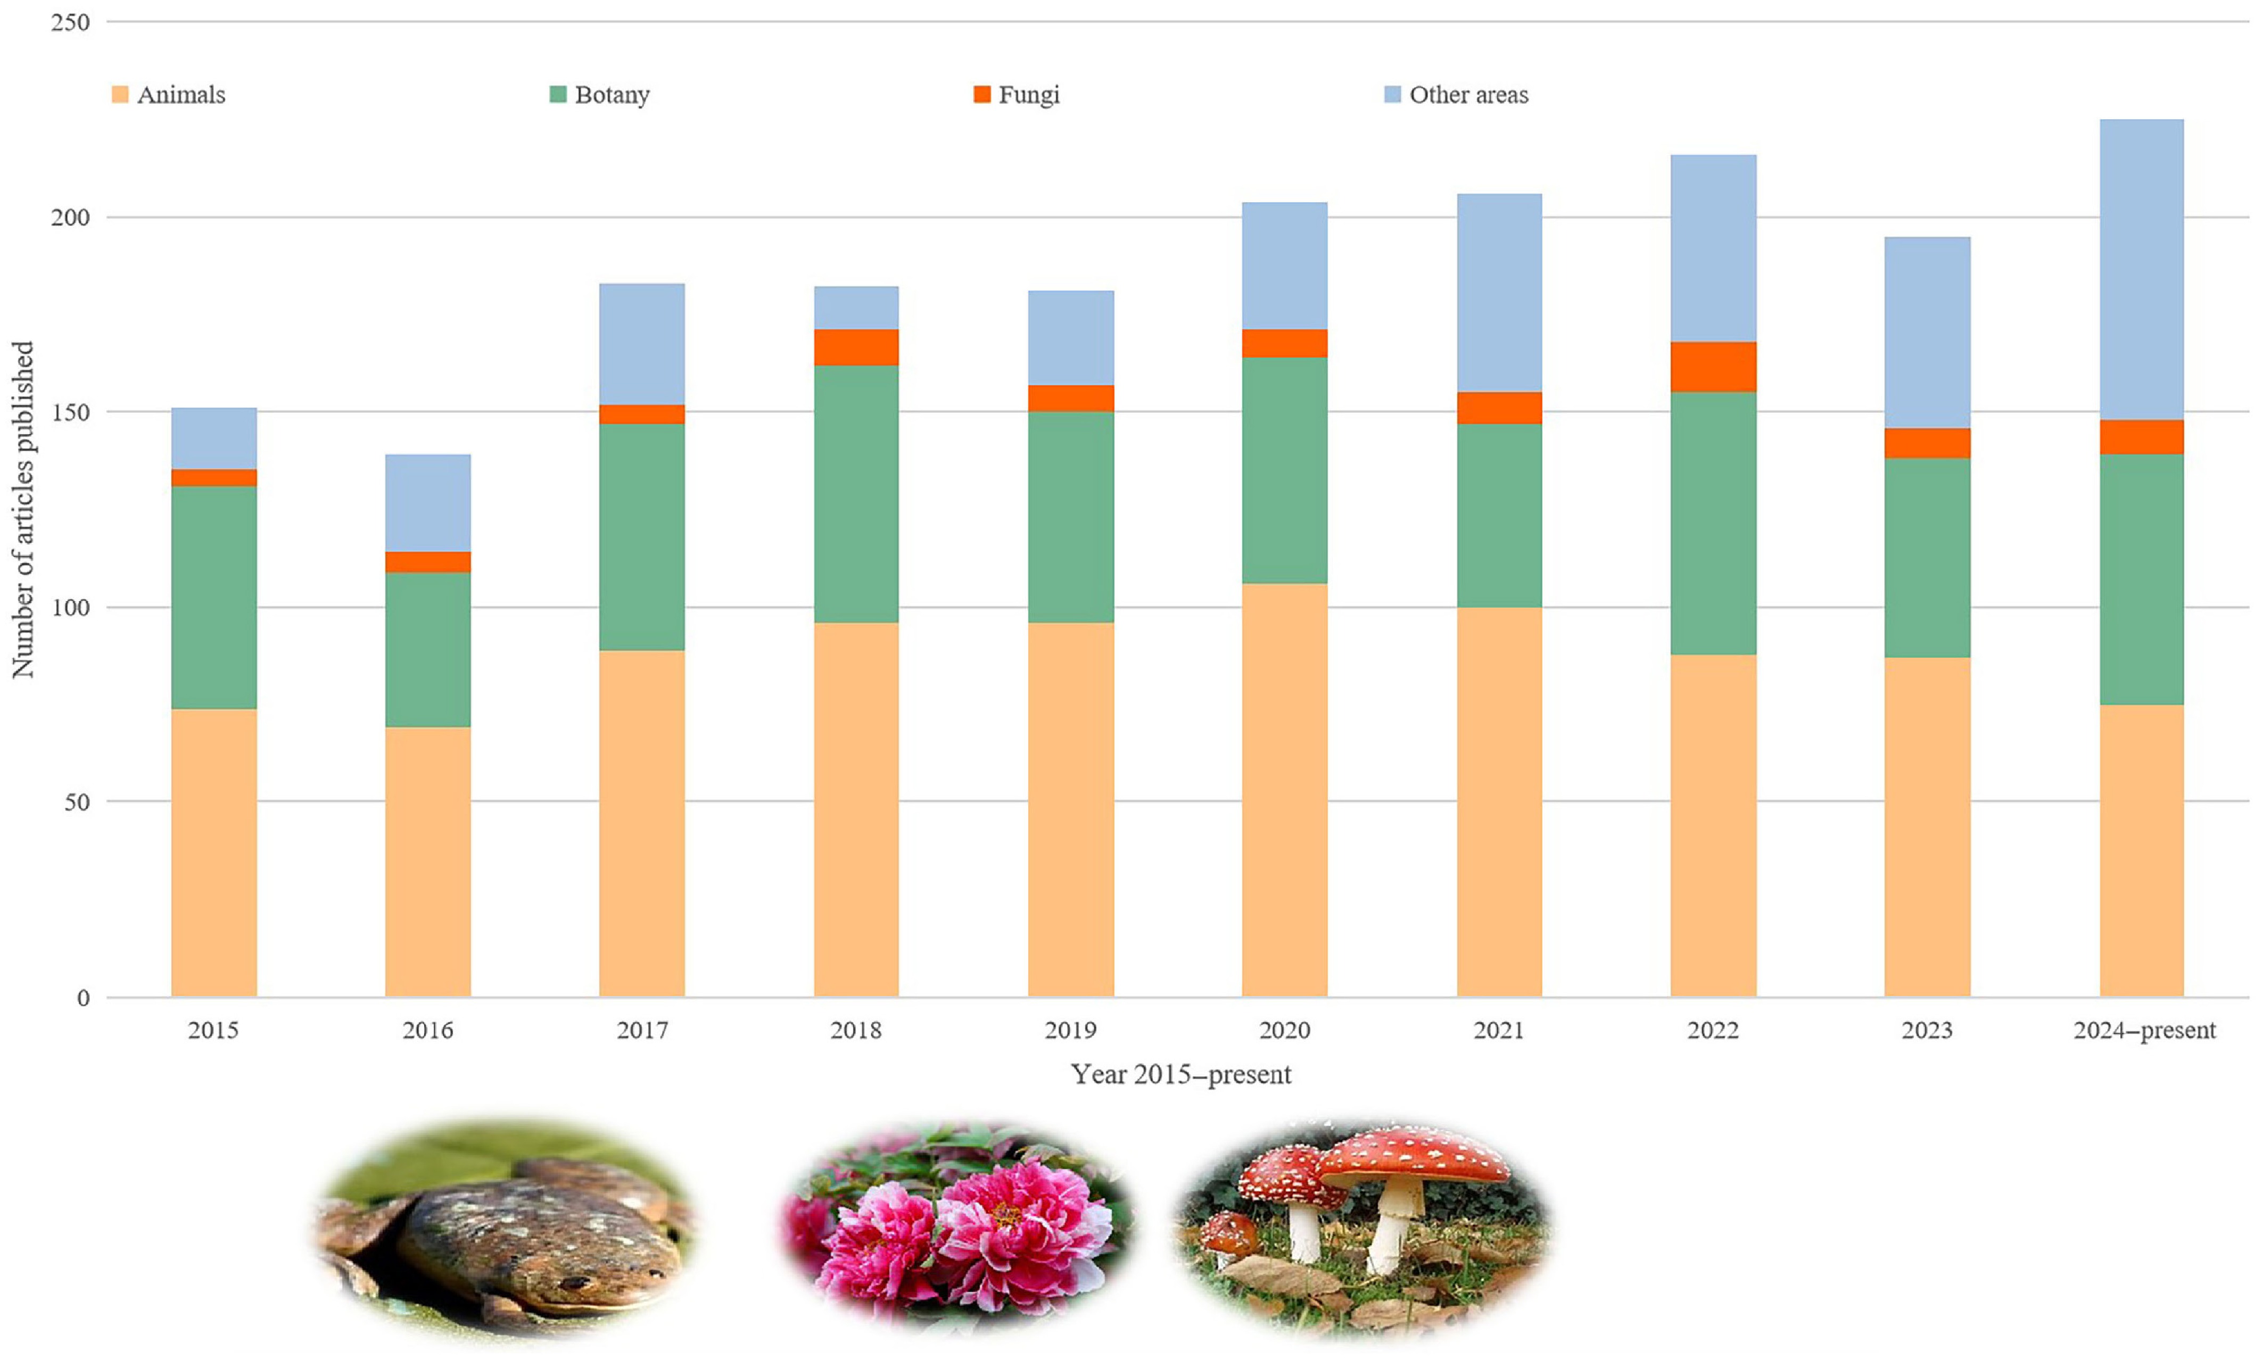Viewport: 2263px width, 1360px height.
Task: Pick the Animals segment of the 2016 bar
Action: (427, 861)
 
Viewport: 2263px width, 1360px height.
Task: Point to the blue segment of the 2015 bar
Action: (213, 438)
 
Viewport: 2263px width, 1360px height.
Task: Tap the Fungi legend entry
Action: (1018, 94)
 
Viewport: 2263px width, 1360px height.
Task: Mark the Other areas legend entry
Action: (1457, 94)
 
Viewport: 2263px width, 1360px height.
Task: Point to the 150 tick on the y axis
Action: (71, 412)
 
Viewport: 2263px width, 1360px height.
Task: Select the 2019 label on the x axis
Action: (1070, 1030)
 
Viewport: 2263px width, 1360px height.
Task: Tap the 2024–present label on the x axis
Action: (2144, 1030)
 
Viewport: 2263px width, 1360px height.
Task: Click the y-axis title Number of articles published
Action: (23, 510)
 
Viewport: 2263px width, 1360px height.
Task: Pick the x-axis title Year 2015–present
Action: (1180, 1074)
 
